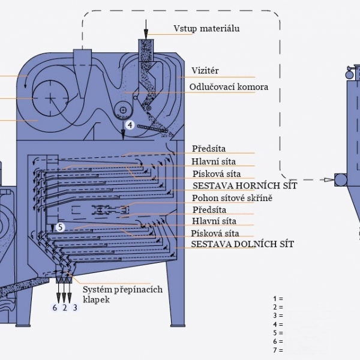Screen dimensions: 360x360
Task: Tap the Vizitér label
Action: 205,71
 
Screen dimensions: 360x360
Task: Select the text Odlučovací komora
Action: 229,87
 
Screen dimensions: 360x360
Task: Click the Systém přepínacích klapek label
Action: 122,294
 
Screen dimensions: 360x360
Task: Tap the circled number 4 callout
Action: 130,125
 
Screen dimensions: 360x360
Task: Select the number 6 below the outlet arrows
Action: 55,308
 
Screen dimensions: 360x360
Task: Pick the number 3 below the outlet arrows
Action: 74,308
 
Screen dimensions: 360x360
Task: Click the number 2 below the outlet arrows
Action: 64,308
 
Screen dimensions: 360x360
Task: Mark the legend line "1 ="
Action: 277,298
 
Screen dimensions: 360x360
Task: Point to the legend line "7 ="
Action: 277,350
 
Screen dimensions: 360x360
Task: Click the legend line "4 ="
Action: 277,325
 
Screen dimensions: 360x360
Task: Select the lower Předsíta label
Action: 209,210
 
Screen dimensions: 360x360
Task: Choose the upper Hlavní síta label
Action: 214,161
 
